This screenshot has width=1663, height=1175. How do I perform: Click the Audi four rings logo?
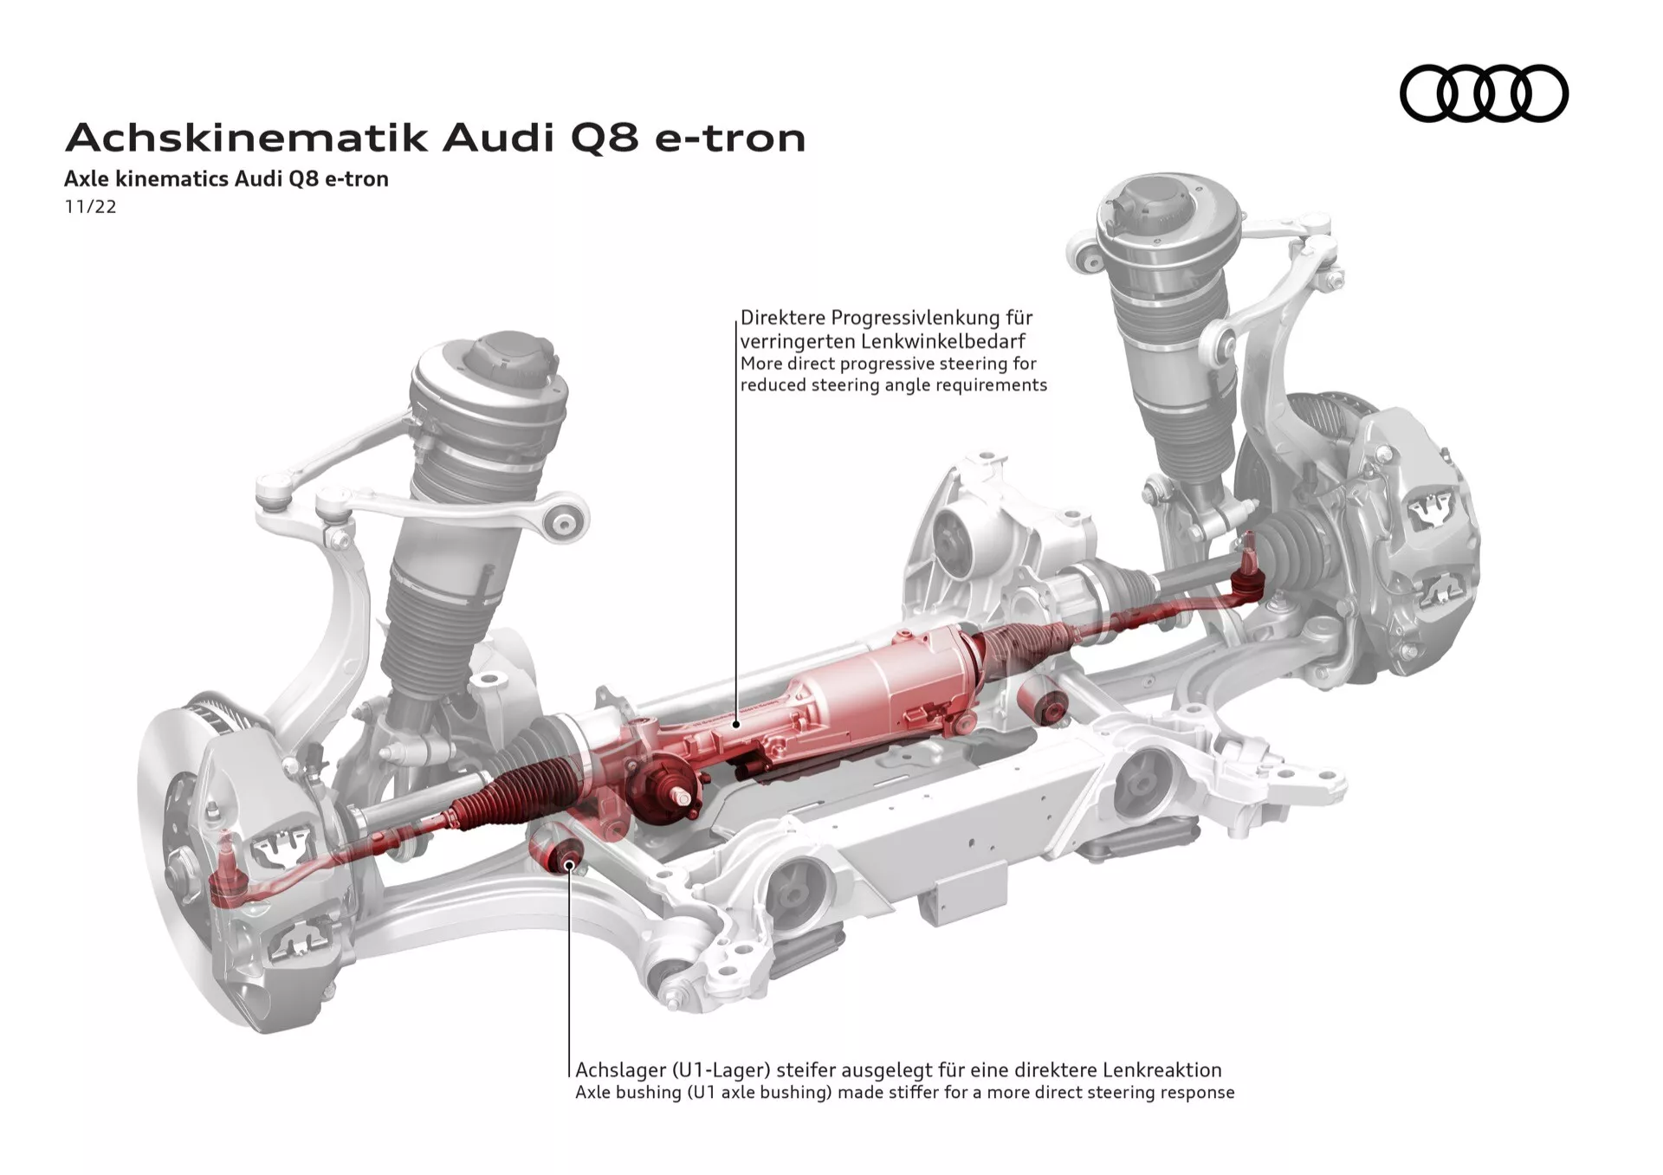[1483, 94]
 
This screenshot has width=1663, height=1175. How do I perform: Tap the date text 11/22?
[90, 207]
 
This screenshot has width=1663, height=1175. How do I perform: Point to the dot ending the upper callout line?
[736, 723]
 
